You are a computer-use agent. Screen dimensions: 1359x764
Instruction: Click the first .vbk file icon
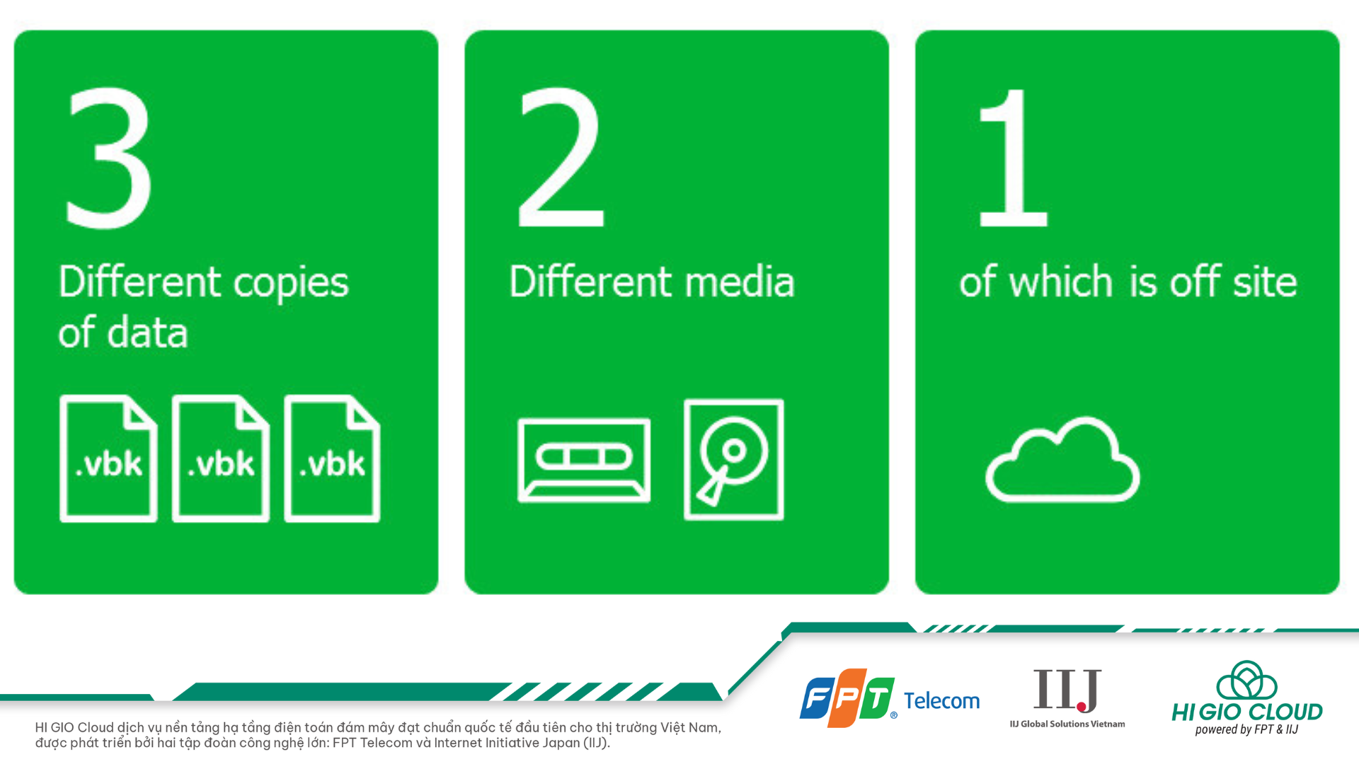108,458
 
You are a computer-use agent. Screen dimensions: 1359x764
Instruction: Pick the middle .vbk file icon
221,458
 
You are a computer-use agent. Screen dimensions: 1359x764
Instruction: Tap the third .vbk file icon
332,458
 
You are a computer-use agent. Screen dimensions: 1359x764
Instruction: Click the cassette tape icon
584,460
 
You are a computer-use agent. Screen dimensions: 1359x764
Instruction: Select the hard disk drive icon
734,460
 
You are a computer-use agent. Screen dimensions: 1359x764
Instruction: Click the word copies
291,284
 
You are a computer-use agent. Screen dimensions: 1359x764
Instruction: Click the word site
1265,281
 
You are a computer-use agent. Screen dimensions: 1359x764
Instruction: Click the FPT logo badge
847,698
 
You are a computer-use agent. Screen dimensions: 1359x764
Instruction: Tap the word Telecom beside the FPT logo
942,701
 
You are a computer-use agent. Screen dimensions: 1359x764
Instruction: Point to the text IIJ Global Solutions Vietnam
1067,724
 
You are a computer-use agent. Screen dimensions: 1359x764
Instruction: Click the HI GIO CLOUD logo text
1247,712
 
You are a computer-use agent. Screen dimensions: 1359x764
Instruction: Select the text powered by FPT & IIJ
1246,730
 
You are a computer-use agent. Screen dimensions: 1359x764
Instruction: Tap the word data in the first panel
147,332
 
